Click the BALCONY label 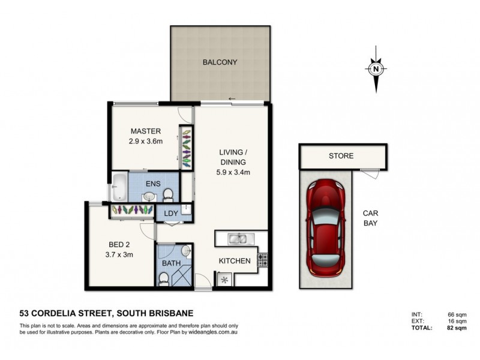point(220,62)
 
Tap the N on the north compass point(376,69)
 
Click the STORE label point(341,156)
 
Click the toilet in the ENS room point(169,193)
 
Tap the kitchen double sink point(238,239)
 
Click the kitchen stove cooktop point(262,260)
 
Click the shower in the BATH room point(181,277)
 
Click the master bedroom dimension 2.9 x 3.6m point(145,142)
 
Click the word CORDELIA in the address point(82,313)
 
